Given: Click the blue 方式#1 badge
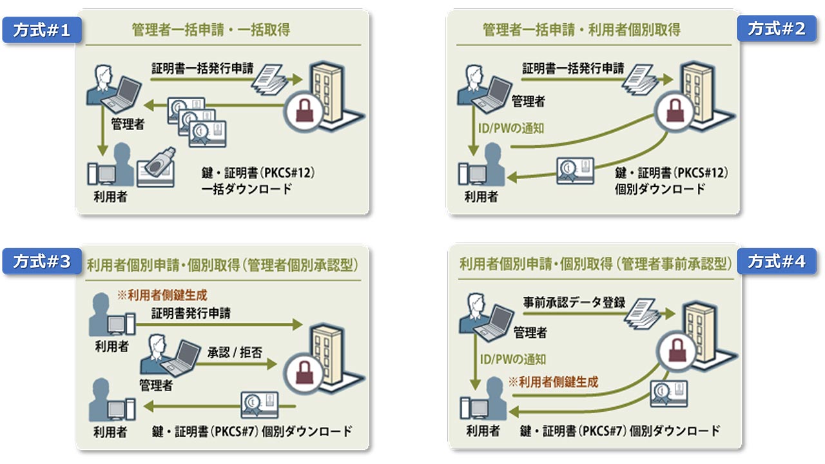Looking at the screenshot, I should [42, 30].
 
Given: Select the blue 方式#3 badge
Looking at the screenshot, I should [42, 262].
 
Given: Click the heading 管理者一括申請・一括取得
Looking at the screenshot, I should [210, 30].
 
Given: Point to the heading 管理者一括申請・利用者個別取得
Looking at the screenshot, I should [581, 30].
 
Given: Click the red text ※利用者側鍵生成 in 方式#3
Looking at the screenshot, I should [162, 296].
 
